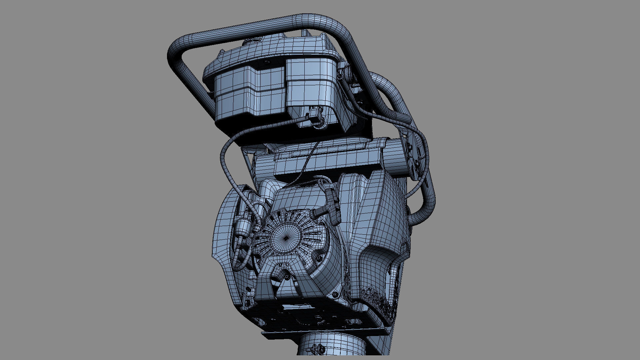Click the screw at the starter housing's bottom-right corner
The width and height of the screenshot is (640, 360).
click(x=335, y=295)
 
